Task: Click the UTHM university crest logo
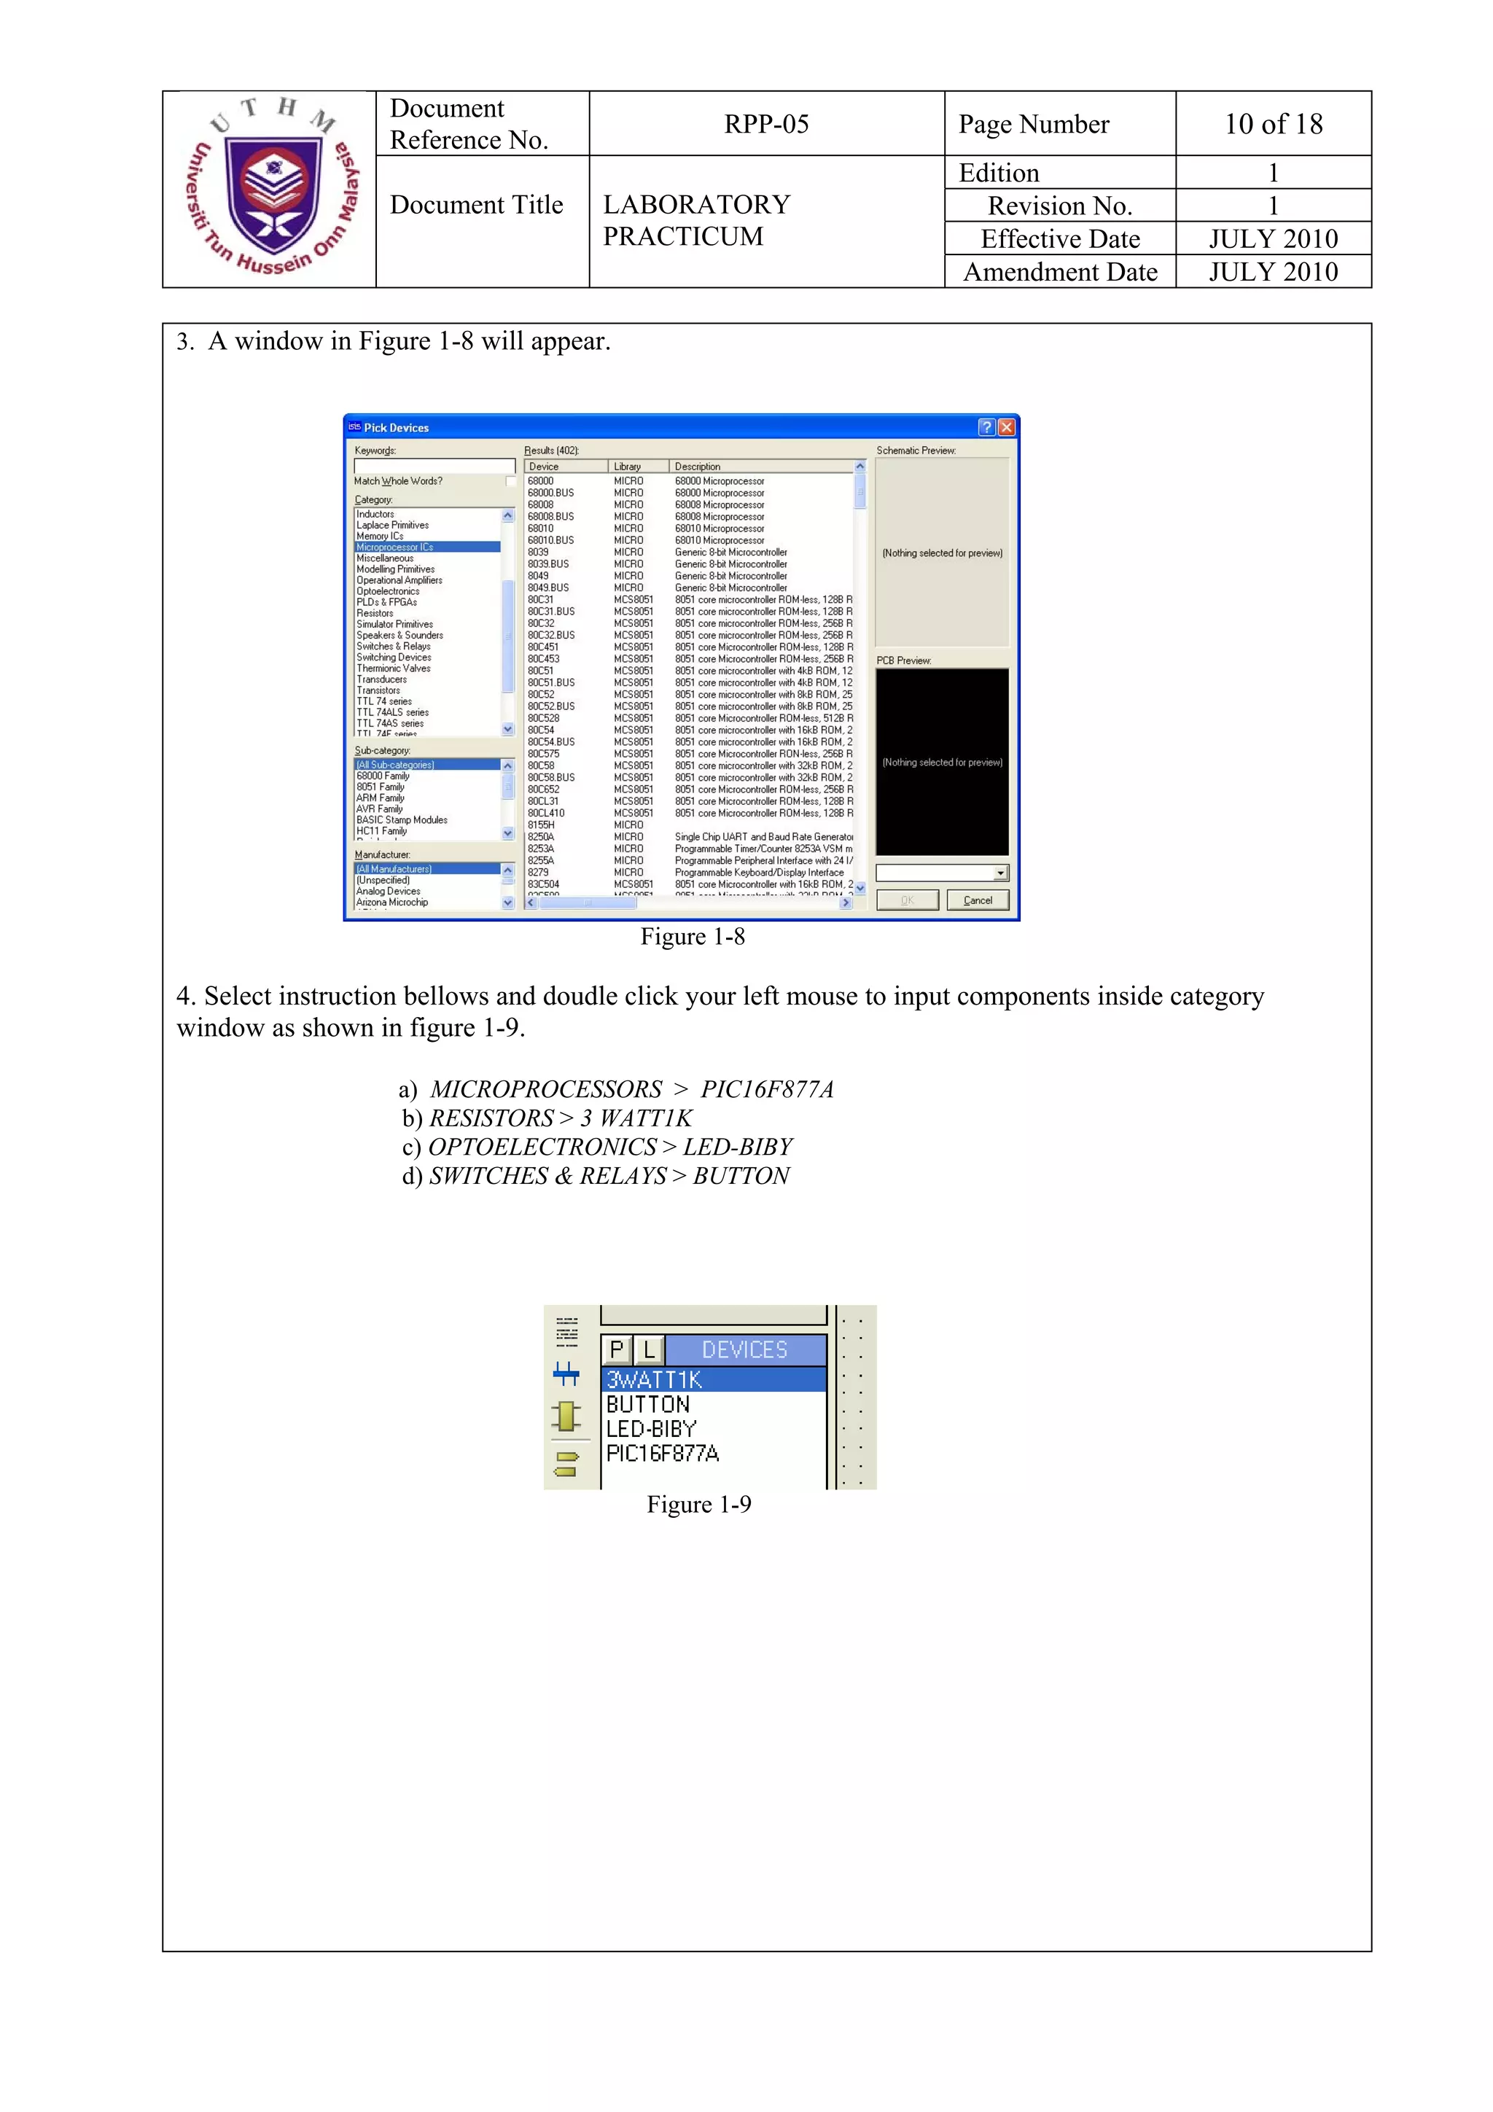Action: pos(273,190)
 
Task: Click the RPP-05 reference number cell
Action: pos(765,124)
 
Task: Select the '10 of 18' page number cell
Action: pos(1272,124)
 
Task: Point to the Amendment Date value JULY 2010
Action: pos(1272,272)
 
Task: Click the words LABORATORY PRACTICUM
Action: pos(695,220)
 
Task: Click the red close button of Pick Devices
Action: pos(1006,426)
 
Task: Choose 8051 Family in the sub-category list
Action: pos(380,787)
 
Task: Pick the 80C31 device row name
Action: pos(541,600)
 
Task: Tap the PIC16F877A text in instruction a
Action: pos(766,1089)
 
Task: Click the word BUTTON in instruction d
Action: pos(741,1176)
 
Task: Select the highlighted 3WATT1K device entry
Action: pos(654,1380)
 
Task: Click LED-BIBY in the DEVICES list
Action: pos(650,1430)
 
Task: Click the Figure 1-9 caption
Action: pos(698,1504)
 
